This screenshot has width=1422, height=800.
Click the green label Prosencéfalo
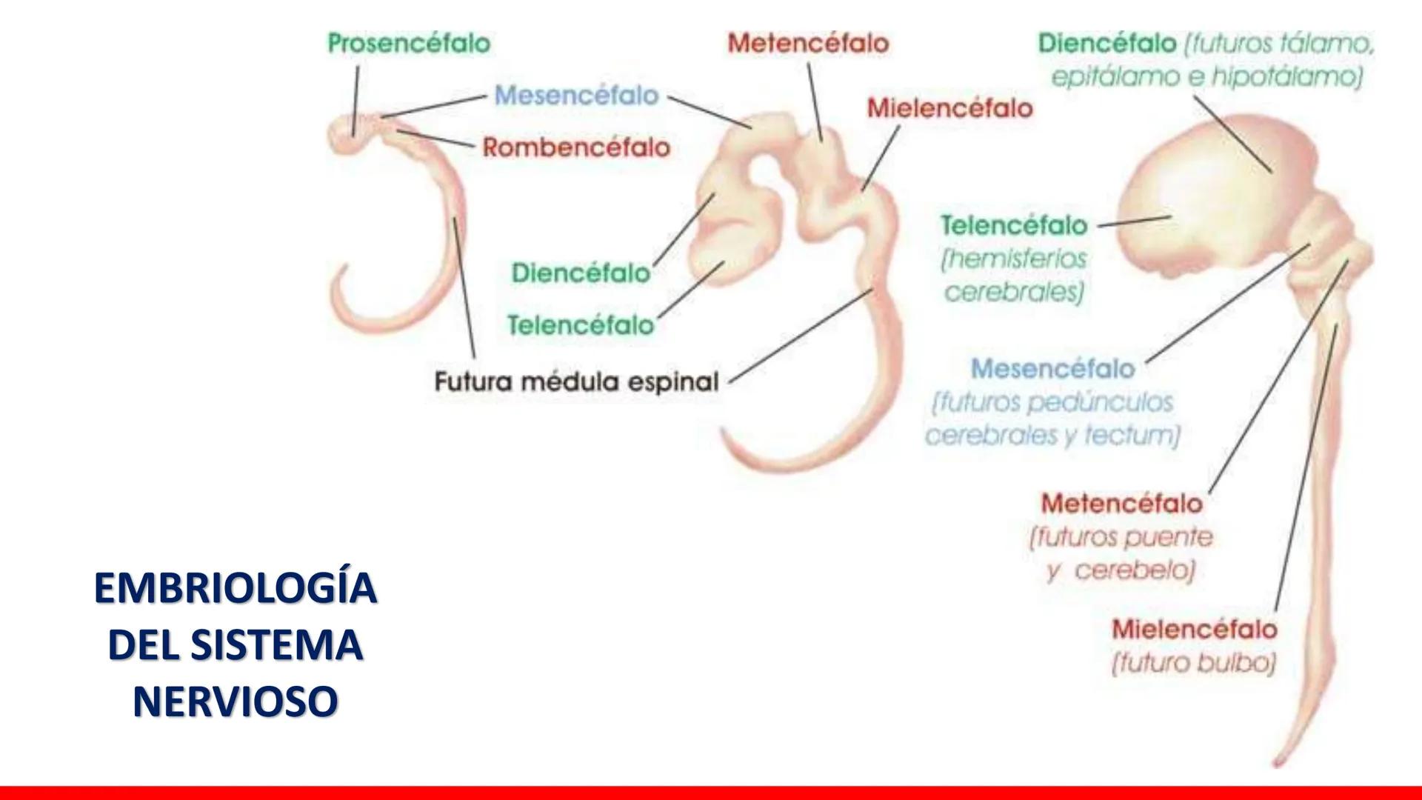(x=409, y=43)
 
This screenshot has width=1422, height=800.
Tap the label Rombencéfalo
(x=576, y=147)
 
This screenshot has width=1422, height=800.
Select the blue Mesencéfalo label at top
(x=576, y=96)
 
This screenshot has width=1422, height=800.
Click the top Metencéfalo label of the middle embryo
(x=808, y=43)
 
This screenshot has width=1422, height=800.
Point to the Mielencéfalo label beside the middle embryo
(x=949, y=108)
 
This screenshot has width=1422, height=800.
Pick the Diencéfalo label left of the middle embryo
(x=581, y=273)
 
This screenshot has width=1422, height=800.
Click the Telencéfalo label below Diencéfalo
(x=581, y=325)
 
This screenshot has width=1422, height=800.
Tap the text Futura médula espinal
(x=576, y=382)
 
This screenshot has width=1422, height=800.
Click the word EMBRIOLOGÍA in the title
(x=236, y=589)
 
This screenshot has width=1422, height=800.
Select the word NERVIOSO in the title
(x=236, y=701)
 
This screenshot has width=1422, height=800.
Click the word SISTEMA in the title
(x=277, y=645)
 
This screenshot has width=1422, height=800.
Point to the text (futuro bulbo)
(x=1194, y=663)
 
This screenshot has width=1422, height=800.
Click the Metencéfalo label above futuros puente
(x=1121, y=504)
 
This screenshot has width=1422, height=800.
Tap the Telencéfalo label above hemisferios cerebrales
(x=1014, y=225)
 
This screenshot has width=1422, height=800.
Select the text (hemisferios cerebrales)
(x=1014, y=276)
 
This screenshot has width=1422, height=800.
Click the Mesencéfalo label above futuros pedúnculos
(x=1052, y=368)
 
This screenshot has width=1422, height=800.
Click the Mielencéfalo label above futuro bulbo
(x=1194, y=630)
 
